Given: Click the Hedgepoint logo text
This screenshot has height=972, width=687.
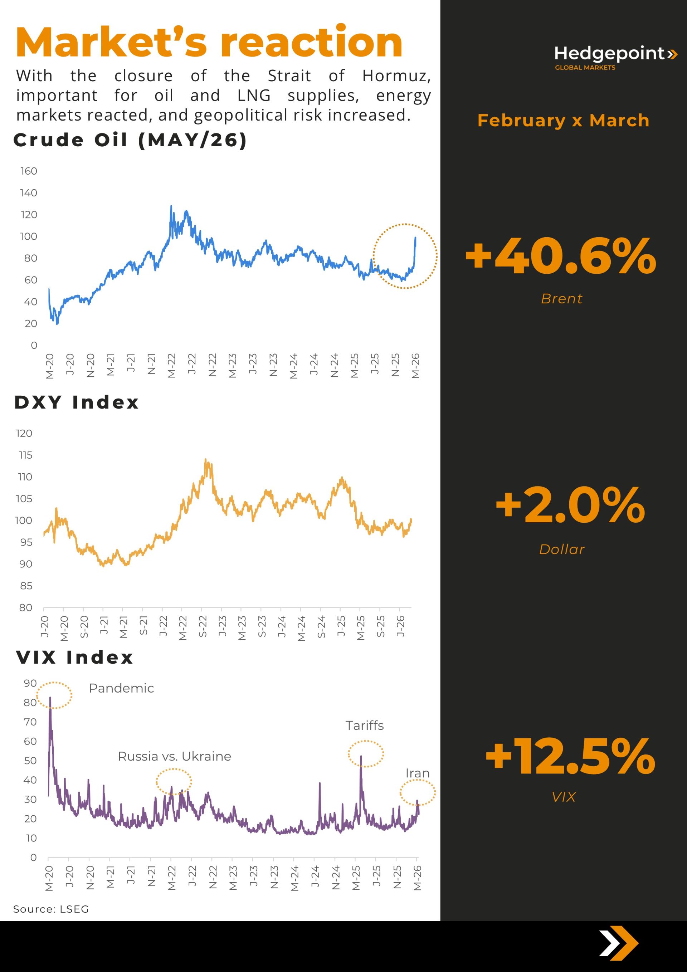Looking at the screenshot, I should point(609,54).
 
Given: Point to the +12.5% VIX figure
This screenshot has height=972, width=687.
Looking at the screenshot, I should point(570,757).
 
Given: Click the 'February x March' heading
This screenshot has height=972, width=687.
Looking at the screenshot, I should point(563,121).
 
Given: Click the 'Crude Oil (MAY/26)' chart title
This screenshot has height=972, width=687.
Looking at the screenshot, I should point(130,140).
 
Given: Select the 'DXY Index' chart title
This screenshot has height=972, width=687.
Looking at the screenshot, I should point(77,402).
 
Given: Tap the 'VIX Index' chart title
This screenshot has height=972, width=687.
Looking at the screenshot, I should point(74,658).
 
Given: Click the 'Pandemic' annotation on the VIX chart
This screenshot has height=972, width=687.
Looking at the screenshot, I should point(121,688).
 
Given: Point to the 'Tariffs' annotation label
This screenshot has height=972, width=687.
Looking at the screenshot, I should point(364,725).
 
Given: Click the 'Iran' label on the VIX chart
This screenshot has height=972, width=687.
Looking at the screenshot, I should point(417,773).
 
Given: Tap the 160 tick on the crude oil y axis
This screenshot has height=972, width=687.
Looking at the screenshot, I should point(28,171).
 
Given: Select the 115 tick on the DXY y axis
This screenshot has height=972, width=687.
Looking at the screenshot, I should point(25,455).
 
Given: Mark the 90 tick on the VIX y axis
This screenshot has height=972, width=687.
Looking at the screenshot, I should point(30,683).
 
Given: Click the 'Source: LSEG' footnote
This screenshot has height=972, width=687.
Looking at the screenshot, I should point(51,909).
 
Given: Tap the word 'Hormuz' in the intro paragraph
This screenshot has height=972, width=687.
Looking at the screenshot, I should point(396,76).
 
